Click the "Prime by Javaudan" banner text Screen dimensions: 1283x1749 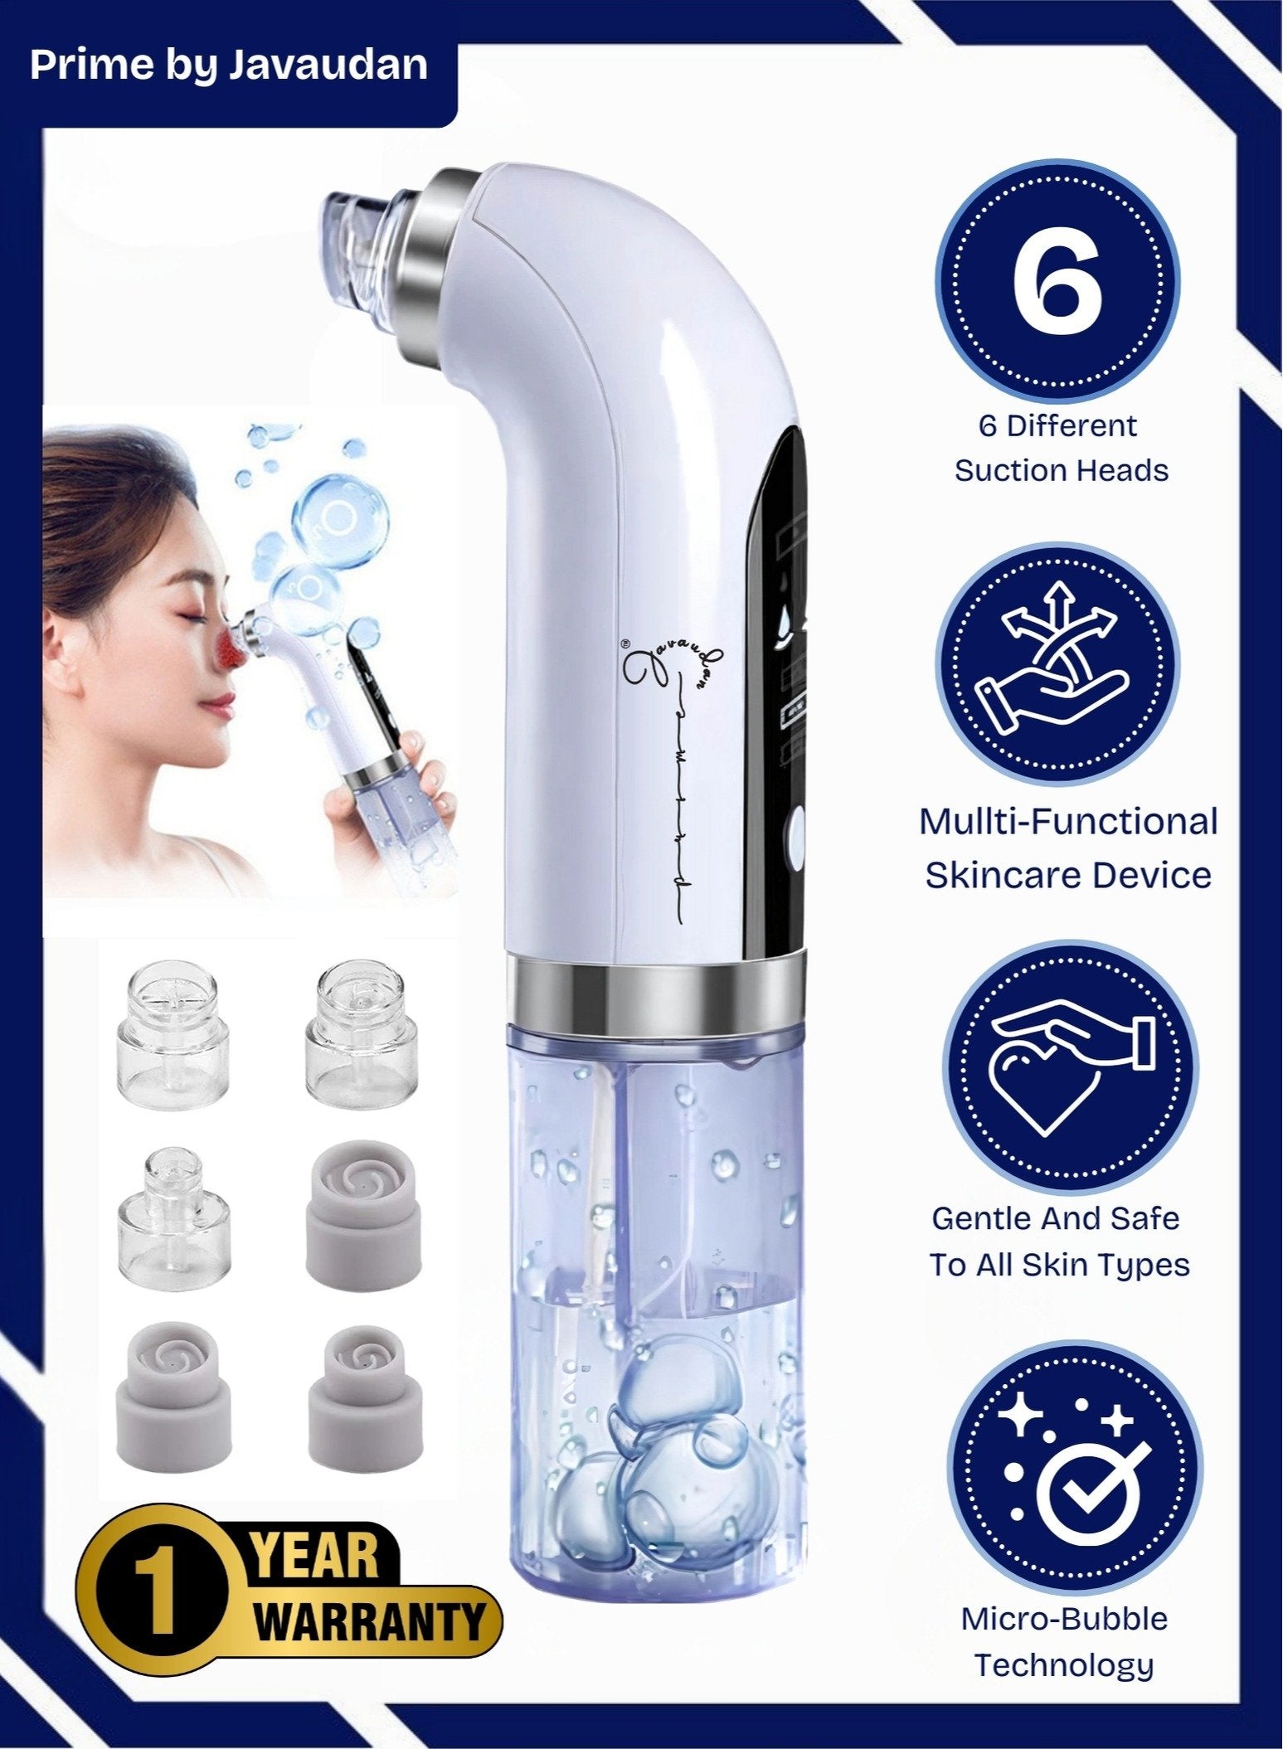tap(229, 65)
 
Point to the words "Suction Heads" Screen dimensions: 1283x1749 tap(1062, 470)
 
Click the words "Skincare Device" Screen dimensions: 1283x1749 tap(1067, 876)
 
